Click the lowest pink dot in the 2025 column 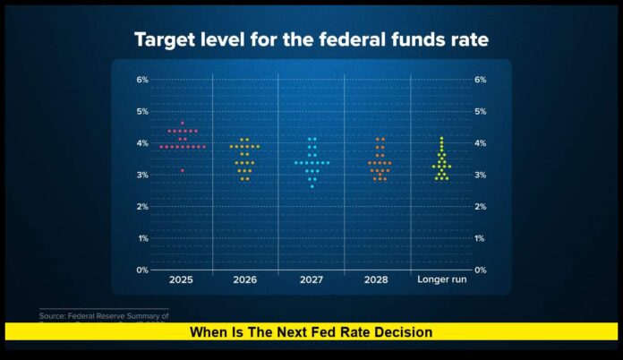point(182,170)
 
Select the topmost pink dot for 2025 point(182,123)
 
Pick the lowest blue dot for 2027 point(311,186)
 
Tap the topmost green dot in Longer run point(441,138)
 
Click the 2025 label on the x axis point(181,280)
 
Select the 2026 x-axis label point(244,280)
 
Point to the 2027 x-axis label point(311,280)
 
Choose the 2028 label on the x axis point(377,280)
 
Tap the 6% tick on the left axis point(141,80)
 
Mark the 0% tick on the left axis point(141,270)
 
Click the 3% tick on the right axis point(480,175)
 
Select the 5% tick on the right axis point(480,112)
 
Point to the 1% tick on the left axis point(141,238)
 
